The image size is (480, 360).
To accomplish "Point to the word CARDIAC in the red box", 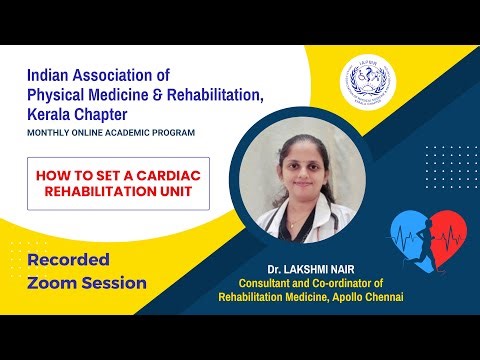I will click(x=173, y=173).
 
